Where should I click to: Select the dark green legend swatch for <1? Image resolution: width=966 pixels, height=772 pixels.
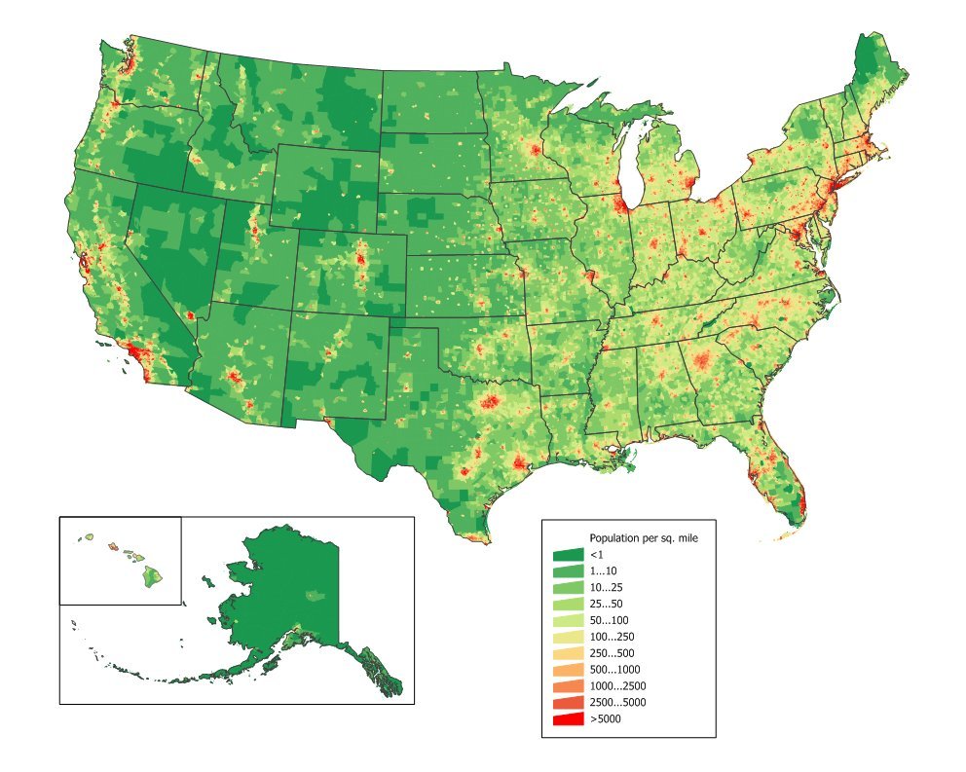(x=568, y=554)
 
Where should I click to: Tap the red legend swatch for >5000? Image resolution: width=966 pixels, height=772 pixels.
(x=568, y=719)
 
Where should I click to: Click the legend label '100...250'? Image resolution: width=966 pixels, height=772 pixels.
(x=612, y=637)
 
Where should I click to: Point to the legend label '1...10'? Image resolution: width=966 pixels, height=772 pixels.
(x=603, y=570)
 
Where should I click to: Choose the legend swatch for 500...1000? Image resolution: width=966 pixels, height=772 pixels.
(x=568, y=670)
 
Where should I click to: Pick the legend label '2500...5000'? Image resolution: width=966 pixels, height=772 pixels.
(x=617, y=703)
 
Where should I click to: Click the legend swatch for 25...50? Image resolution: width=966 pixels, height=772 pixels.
(x=568, y=604)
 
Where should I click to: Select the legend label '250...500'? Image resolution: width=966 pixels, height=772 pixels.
(x=612, y=653)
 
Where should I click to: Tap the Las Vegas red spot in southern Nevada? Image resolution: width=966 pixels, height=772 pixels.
(x=190, y=315)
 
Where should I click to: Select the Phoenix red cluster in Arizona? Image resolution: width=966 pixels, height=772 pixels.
(x=234, y=376)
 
